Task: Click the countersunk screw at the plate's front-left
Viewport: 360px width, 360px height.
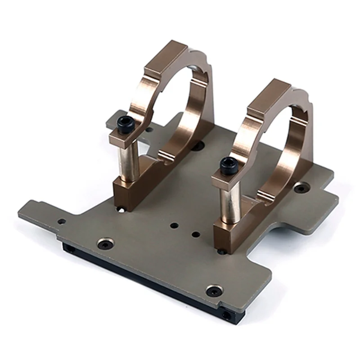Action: (x=106, y=244)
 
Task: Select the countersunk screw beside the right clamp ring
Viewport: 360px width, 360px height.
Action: (x=300, y=188)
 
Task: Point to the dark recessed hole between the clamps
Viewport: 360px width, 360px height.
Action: (x=198, y=145)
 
